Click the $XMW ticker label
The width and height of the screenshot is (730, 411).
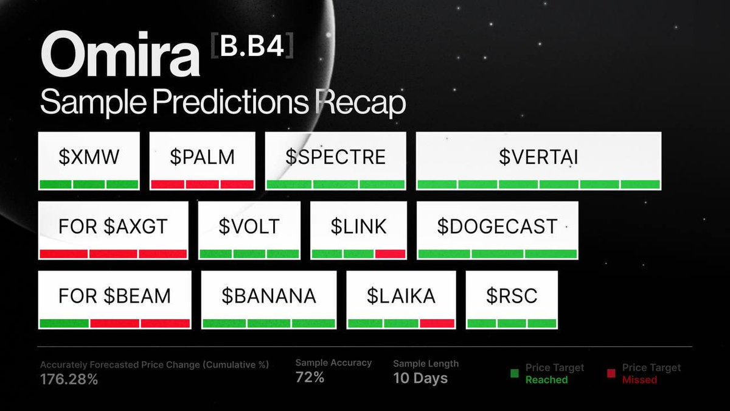click(89, 157)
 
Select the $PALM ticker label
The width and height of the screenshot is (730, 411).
click(202, 157)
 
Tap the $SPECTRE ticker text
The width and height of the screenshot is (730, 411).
click(336, 157)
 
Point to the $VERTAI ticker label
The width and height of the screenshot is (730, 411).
click(538, 157)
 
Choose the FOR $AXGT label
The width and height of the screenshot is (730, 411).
click(113, 227)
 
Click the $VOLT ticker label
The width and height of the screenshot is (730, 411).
click(249, 227)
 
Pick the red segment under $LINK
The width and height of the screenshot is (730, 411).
click(391, 254)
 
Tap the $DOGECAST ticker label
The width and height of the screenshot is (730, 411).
click(497, 227)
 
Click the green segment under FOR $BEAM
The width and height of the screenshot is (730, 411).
click(64, 323)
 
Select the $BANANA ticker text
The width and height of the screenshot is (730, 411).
click(268, 296)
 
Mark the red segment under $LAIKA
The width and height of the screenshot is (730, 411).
click(437, 323)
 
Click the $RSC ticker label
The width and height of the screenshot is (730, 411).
click(512, 296)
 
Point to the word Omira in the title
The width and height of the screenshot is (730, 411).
click(120, 57)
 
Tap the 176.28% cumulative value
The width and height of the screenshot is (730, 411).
click(69, 379)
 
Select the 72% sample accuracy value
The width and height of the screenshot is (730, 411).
click(310, 378)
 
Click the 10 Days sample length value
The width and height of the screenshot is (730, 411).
click(420, 378)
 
